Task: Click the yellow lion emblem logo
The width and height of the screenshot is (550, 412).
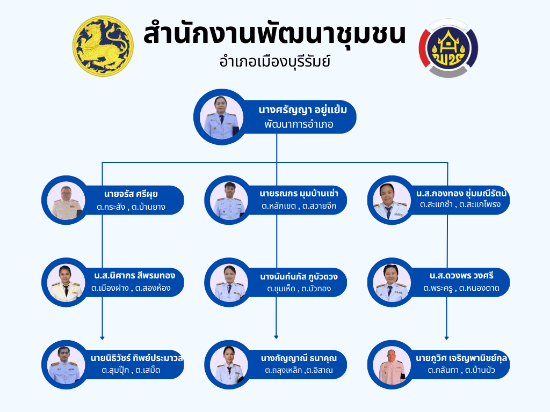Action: pyautogui.click(x=103, y=46)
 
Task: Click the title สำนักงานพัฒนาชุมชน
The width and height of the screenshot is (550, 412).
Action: pyautogui.click(x=274, y=34)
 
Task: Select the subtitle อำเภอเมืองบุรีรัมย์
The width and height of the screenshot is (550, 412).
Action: pyautogui.click(x=274, y=61)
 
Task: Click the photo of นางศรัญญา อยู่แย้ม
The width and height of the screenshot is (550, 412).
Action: pyautogui.click(x=220, y=117)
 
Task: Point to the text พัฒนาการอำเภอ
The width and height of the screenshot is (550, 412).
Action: pyautogui.click(x=299, y=124)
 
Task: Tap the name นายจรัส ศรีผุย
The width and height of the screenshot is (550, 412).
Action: pyautogui.click(x=131, y=194)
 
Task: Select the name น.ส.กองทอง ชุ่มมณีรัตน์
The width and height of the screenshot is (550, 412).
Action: pyautogui.click(x=461, y=193)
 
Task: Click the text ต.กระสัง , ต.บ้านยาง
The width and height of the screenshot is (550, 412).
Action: pyautogui.click(x=132, y=207)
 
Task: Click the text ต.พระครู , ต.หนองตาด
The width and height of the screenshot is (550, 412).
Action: pyautogui.click(x=461, y=289)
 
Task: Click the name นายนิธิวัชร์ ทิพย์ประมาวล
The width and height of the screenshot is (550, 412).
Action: pyautogui.click(x=137, y=358)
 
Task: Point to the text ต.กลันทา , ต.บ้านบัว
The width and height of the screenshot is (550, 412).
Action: pyautogui.click(x=461, y=371)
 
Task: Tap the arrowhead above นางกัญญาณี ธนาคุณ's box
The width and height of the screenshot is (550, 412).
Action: pyautogui.click(x=276, y=337)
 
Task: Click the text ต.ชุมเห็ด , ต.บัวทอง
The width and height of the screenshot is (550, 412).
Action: pyautogui.click(x=299, y=289)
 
